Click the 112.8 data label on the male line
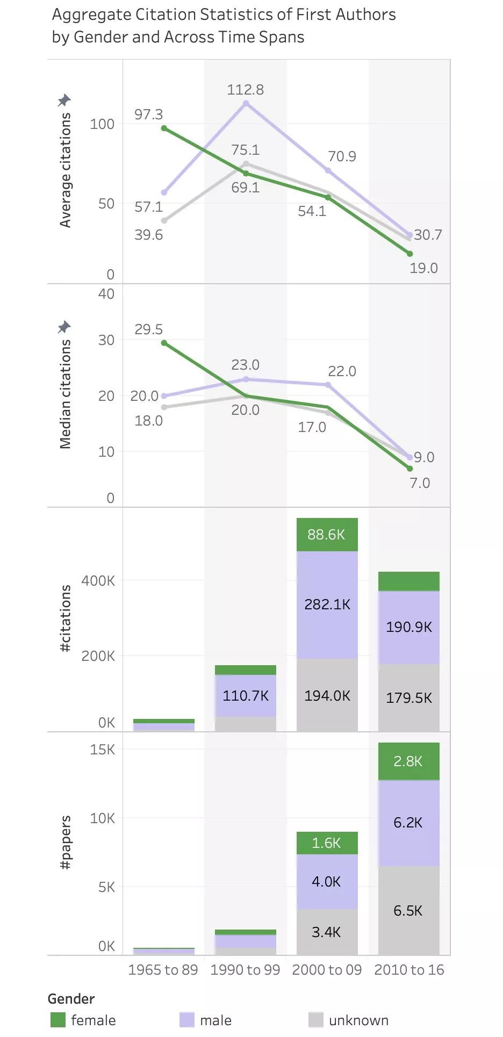245,90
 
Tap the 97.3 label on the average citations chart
148,114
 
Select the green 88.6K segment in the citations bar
327,535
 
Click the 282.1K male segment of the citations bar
327,604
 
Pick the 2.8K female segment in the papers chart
408,761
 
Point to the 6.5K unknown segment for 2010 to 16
408,911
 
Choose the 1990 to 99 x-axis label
245,970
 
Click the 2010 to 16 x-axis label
409,970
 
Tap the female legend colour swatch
58,1020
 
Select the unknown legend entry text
358,1020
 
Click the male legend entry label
215,1020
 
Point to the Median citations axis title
65,394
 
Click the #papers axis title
65,842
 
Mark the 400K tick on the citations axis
98,581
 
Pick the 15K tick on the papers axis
102,750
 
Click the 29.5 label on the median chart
148,329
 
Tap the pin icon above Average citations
64,100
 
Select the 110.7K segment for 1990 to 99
245,696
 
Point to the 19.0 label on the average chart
423,268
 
